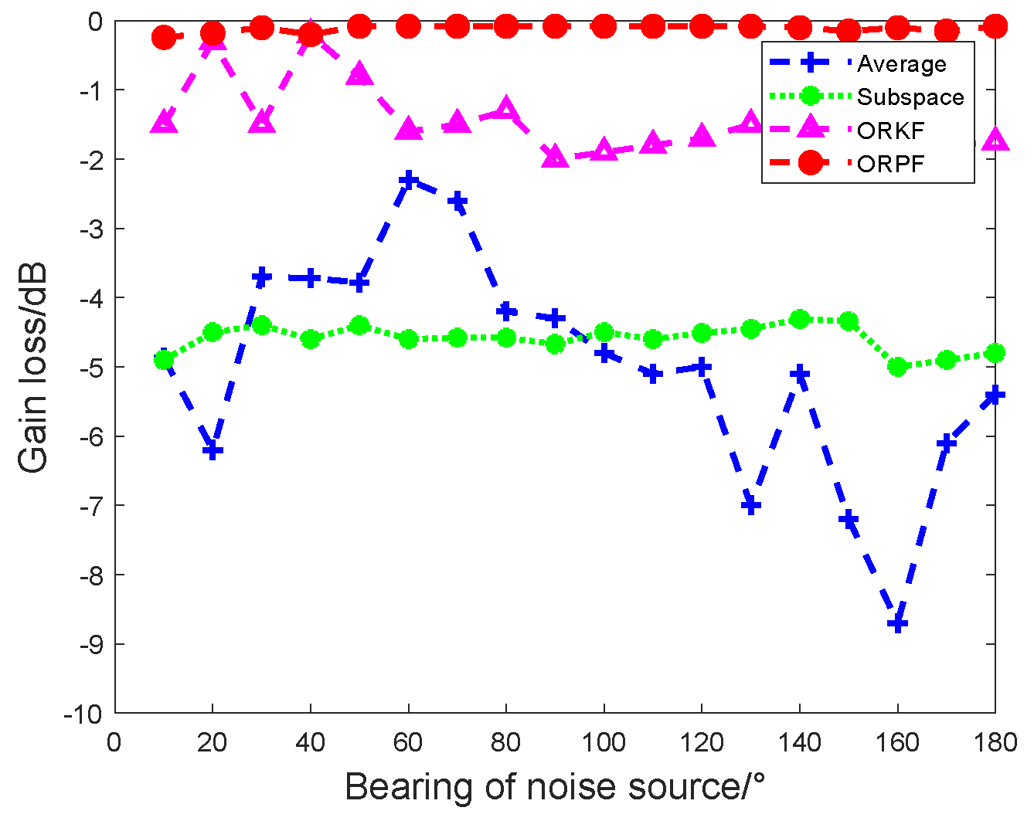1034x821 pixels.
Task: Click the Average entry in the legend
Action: pos(901,63)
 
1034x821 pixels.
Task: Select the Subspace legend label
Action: pos(910,97)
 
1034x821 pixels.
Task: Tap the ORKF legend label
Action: pos(890,131)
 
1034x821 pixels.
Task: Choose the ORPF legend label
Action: pos(890,164)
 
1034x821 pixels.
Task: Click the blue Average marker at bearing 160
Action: pos(897,623)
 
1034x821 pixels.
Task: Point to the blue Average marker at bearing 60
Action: pos(408,180)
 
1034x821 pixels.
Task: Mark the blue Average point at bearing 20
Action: pos(213,450)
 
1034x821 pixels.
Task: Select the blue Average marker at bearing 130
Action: pos(750,505)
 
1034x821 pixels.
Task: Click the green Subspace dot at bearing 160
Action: pos(897,366)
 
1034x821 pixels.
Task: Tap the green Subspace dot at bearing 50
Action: pos(359,325)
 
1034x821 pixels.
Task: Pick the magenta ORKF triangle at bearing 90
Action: pos(555,156)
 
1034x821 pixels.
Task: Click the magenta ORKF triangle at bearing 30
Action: pos(262,121)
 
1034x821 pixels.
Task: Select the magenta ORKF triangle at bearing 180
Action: pos(995,140)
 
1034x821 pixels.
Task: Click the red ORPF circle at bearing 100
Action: pos(604,27)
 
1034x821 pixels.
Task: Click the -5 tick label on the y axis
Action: pos(91,367)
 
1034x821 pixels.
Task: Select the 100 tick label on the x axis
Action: pos(604,743)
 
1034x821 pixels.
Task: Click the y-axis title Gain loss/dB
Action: pos(33,368)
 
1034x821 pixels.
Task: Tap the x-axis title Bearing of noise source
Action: pos(555,788)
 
